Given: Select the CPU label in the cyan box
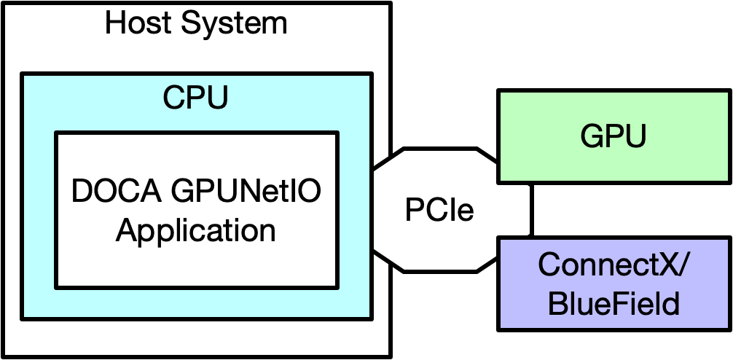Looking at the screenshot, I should pyautogui.click(x=195, y=97).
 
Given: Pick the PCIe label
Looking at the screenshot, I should pyautogui.click(x=439, y=211).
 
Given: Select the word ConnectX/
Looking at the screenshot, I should pyautogui.click(x=613, y=265).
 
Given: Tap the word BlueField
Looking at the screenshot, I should pyautogui.click(x=613, y=303).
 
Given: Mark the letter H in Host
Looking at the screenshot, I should pyautogui.click(x=114, y=23).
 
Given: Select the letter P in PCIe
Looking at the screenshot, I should pyautogui.click(x=412, y=211).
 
